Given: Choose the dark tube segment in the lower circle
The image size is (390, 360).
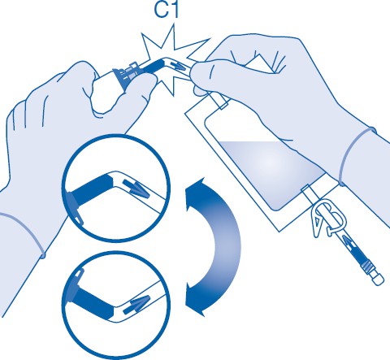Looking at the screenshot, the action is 93,301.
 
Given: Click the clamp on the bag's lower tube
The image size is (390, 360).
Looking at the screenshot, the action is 328,218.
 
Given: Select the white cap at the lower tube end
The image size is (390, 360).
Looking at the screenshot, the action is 378,279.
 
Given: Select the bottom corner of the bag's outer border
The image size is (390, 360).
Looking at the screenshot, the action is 279,232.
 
